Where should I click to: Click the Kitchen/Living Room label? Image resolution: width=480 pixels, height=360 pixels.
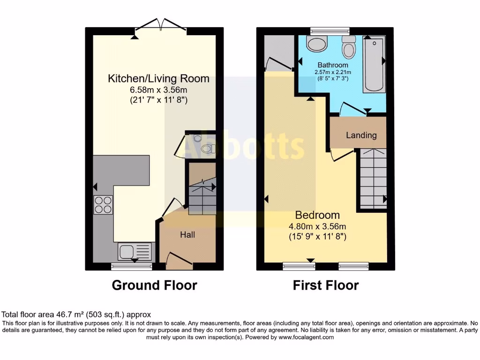tap(158, 78)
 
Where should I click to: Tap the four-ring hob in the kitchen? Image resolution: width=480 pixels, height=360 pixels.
tap(103, 204)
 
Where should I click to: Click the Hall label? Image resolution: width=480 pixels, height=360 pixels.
tap(187, 235)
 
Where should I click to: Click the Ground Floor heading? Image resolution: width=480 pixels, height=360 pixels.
tap(154, 285)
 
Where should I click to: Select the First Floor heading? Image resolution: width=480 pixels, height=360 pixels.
tap(326, 285)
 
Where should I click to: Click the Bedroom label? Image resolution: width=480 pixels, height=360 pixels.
tap(317, 215)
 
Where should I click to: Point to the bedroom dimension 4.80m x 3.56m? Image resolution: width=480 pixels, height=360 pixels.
tap(317, 226)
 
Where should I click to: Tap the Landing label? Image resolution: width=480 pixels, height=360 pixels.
tap(361, 135)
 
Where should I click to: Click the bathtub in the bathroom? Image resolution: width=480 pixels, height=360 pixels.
tap(374, 65)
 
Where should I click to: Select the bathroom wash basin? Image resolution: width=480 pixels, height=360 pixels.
tap(317, 45)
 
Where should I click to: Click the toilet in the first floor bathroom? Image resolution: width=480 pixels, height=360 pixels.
tap(349, 48)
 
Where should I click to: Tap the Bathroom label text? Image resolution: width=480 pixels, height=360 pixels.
tap(333, 65)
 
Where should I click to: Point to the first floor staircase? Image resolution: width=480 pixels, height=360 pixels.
tap(373, 179)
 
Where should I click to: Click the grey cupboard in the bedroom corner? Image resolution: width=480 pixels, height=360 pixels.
tap(278, 52)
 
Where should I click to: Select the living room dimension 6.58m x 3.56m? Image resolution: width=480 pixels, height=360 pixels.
tap(158, 90)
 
